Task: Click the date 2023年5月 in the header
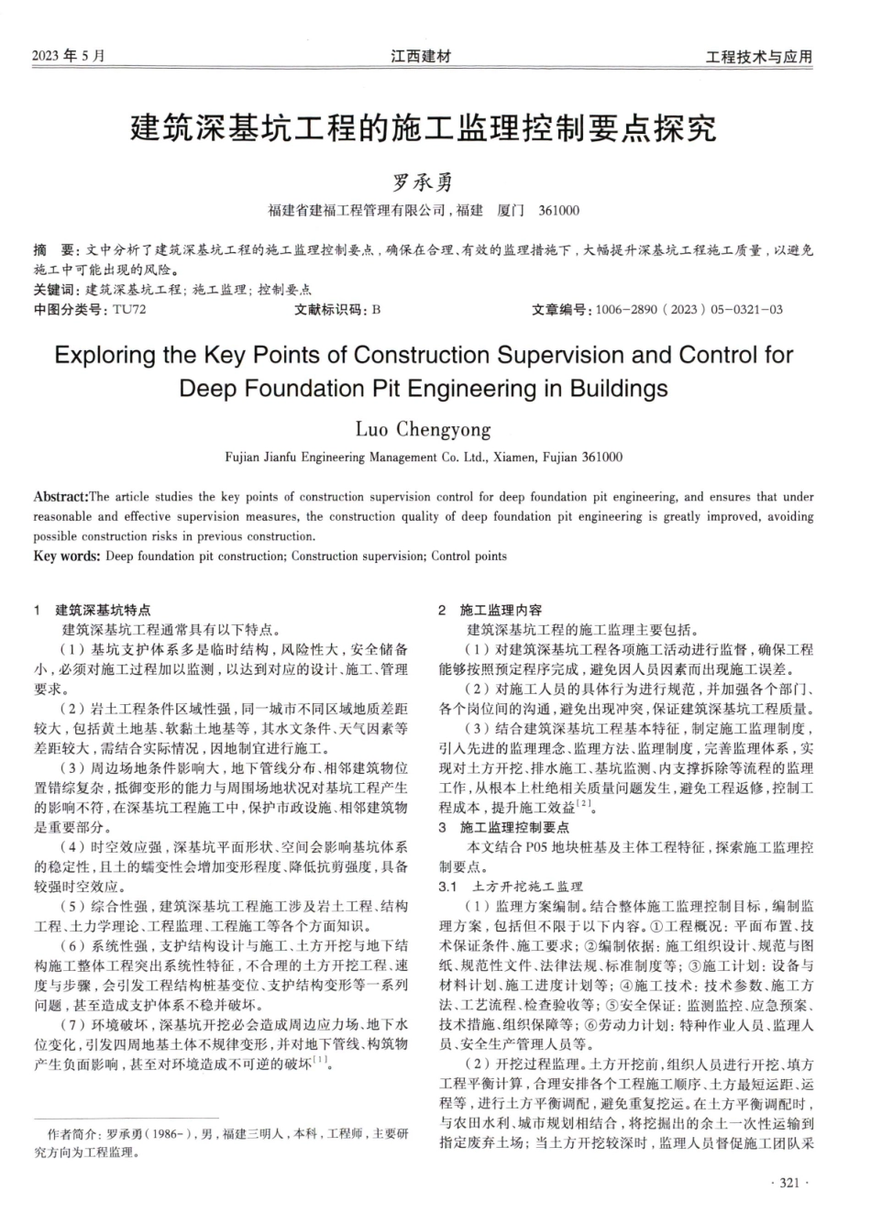point(69,57)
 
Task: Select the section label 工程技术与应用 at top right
point(758,57)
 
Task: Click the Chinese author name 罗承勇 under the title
point(423,182)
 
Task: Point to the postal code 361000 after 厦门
point(559,211)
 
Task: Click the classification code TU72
point(129,309)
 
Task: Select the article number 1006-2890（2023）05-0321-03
point(689,309)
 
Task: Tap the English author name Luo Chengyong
point(423,429)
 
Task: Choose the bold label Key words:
point(67,556)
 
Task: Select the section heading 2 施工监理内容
point(490,610)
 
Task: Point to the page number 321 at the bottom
point(789,1184)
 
